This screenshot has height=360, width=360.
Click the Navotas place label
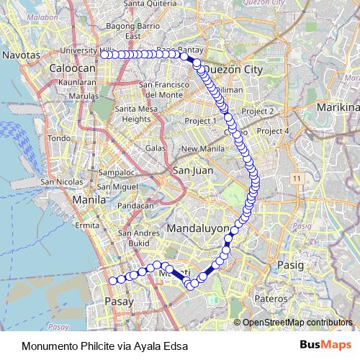coord(19,54)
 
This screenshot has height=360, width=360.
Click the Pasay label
coord(119,302)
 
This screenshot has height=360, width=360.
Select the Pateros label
coord(272,297)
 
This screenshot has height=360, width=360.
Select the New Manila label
coord(199,149)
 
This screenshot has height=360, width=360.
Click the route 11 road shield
coord(296,176)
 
